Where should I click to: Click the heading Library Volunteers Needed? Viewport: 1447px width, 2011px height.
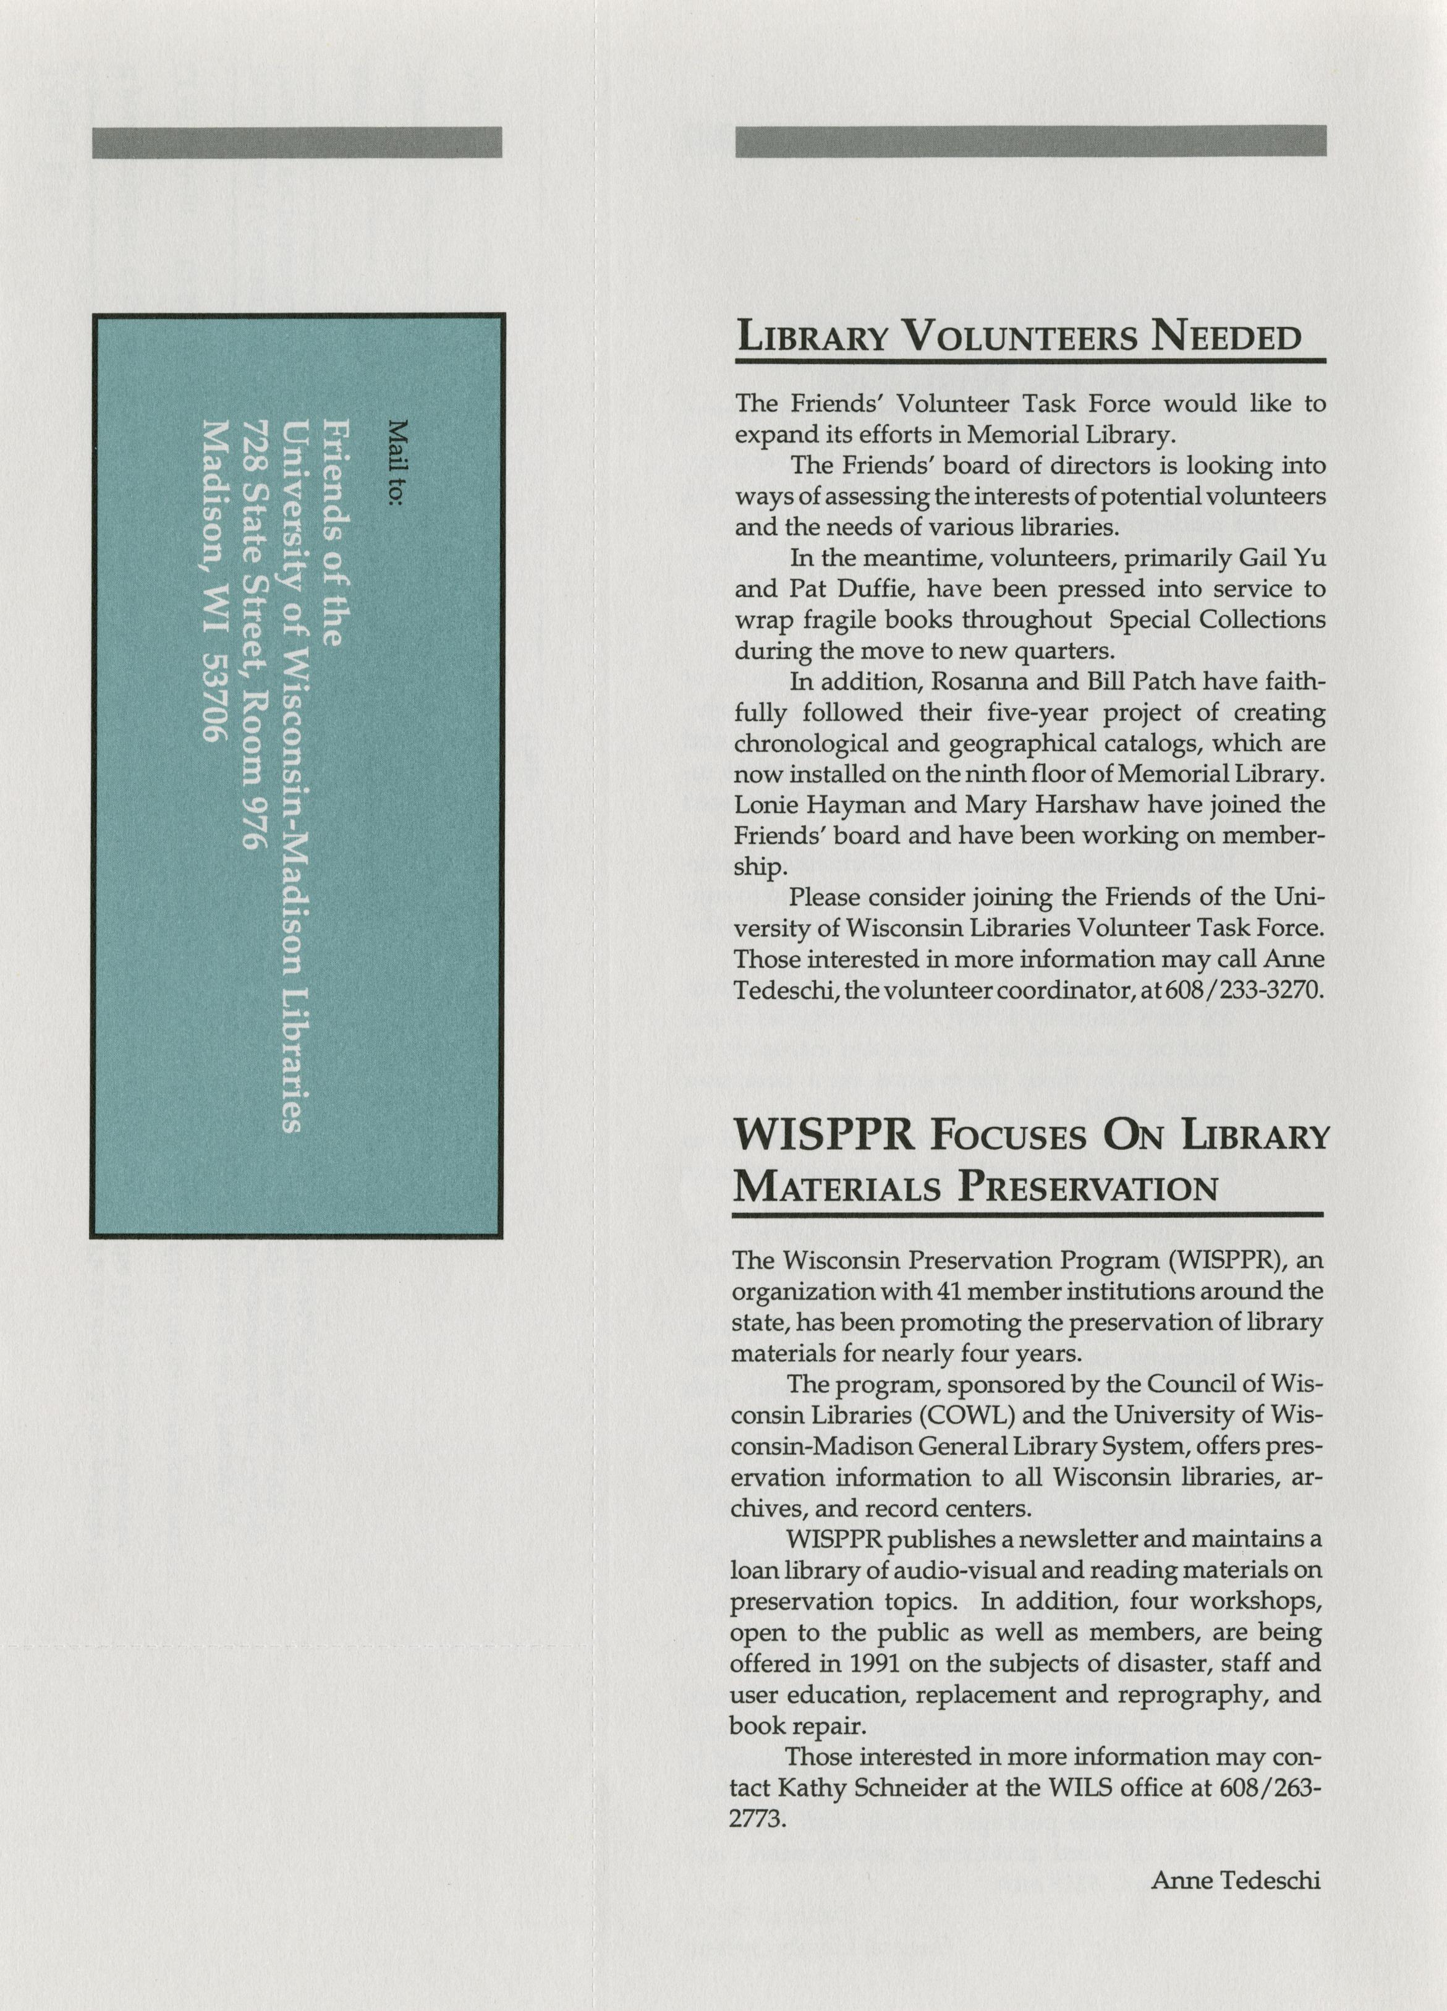pos(1020,337)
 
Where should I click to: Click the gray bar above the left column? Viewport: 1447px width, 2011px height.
pos(297,142)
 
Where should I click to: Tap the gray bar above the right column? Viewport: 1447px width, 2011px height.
pos(1030,141)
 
